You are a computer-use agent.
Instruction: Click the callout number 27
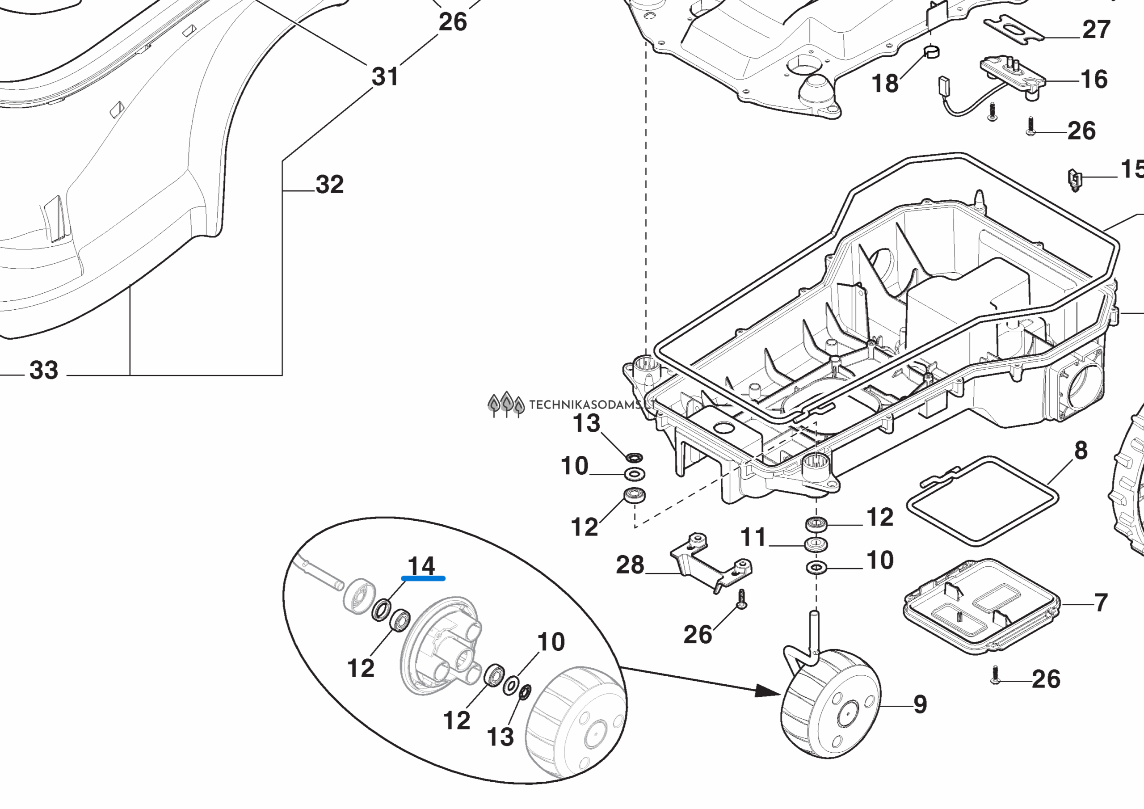click(x=1096, y=29)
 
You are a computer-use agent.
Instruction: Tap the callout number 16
click(x=1094, y=79)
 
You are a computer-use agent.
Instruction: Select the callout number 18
click(x=885, y=83)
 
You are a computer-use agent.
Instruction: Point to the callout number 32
click(x=329, y=185)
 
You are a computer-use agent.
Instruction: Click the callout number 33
click(x=44, y=371)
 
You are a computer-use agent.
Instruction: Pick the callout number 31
click(x=385, y=77)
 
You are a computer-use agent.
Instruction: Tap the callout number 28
click(x=630, y=565)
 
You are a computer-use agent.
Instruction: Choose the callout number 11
click(x=753, y=537)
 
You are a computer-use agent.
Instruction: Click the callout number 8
click(x=1081, y=451)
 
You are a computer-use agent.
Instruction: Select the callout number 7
click(x=1101, y=603)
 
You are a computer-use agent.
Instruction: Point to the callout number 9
click(x=920, y=705)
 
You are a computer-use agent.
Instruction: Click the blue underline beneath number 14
click(x=423, y=579)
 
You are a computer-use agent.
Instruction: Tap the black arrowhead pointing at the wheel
click(x=767, y=691)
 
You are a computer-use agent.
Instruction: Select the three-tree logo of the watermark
click(x=506, y=404)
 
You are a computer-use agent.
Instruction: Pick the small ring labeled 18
click(x=931, y=51)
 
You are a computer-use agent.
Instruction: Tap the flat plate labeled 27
click(x=1014, y=29)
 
